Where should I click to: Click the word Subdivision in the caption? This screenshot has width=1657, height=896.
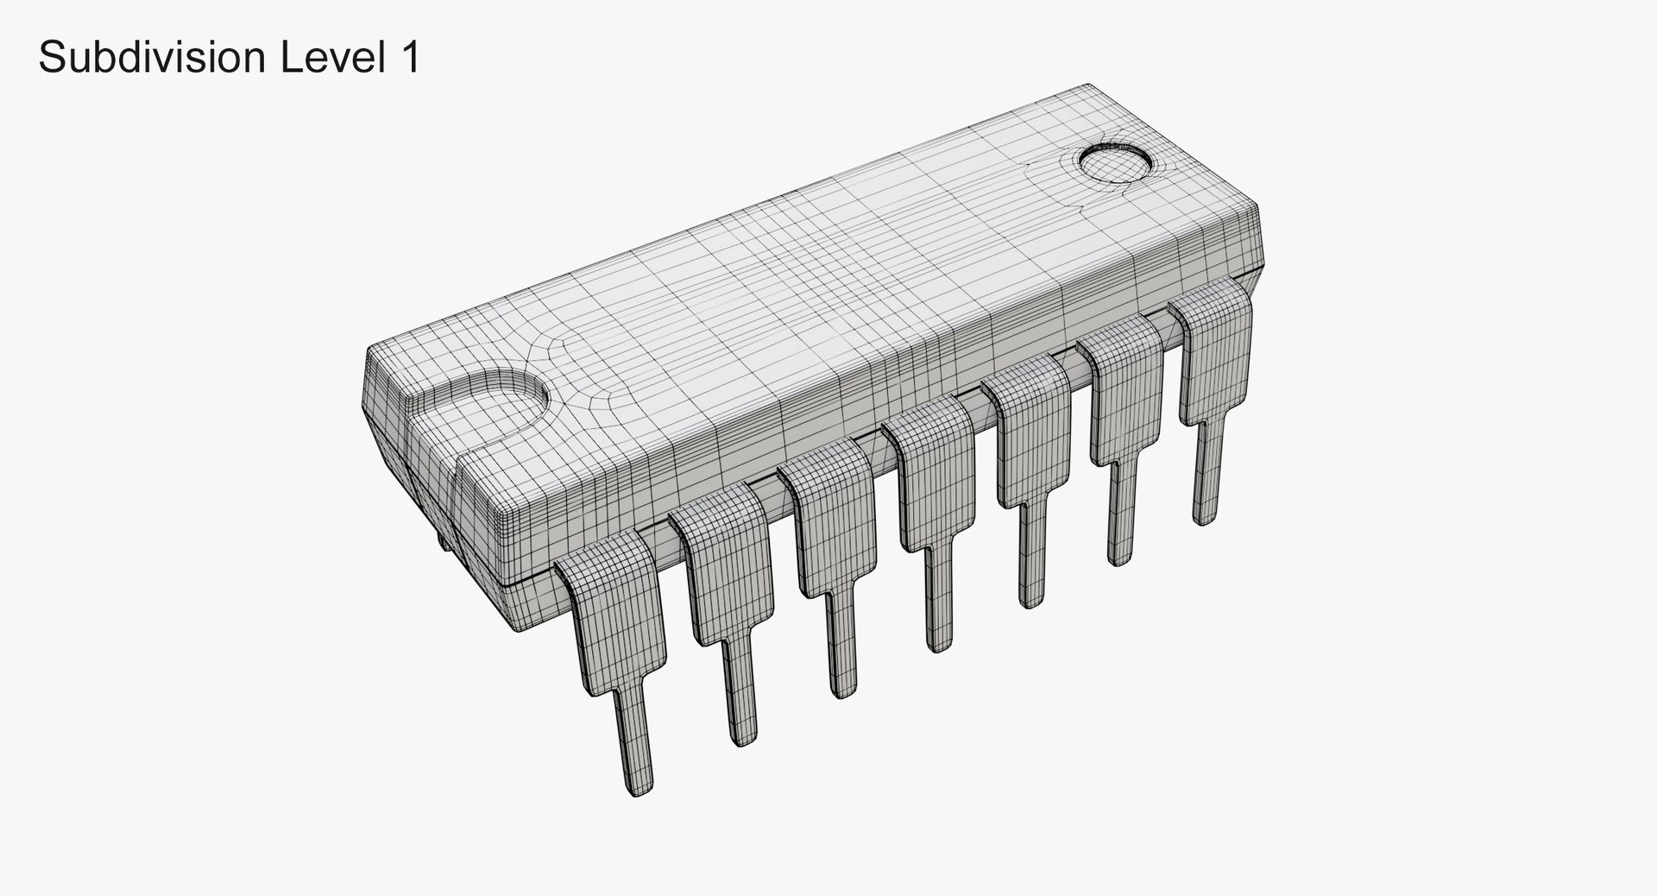pyautogui.click(x=152, y=58)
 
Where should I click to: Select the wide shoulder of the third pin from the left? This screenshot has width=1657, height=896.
pyautogui.click(x=830, y=527)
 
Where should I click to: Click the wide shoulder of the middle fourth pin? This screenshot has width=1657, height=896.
pyautogui.click(x=935, y=479)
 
